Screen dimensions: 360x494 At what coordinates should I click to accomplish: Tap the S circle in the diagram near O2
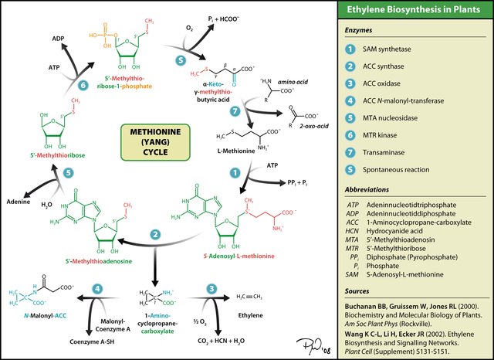point(180,60)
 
